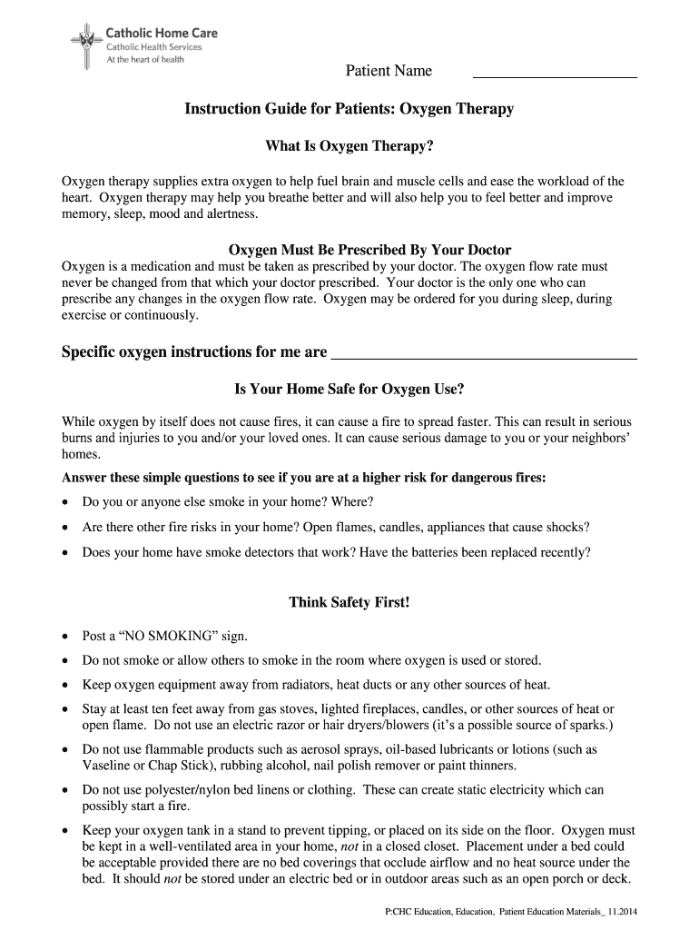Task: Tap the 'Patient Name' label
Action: pyautogui.click(x=388, y=72)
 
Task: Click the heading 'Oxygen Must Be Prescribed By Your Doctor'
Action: pyautogui.click(x=369, y=250)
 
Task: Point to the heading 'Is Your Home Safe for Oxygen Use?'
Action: pyautogui.click(x=349, y=389)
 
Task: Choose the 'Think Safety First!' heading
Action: pyautogui.click(x=349, y=602)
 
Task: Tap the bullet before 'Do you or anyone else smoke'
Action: pyautogui.click(x=65, y=502)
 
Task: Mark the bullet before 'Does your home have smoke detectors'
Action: pyautogui.click(x=65, y=552)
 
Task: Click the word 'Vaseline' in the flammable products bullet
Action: pyautogui.click(x=106, y=765)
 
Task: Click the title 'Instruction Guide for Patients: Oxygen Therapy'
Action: pyautogui.click(x=349, y=110)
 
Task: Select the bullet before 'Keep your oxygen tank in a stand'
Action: pyautogui.click(x=65, y=831)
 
